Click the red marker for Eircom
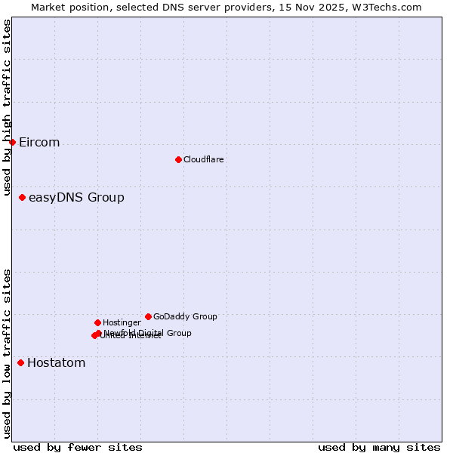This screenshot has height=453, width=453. point(12,142)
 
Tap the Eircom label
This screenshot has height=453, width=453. point(39,143)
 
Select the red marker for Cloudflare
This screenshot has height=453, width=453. point(178,159)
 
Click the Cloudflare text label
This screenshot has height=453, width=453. point(203,159)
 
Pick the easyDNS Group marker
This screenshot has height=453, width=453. point(22,197)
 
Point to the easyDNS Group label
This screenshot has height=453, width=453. point(76,198)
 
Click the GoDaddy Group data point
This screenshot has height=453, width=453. point(148,316)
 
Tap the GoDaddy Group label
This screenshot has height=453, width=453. point(185,316)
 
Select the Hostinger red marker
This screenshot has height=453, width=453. point(97,322)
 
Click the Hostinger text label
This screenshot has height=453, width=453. point(122,322)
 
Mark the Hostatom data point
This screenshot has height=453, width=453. point(20,362)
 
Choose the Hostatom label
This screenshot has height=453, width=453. point(56,363)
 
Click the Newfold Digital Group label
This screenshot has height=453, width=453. point(148,333)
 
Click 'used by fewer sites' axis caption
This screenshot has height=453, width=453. point(78,447)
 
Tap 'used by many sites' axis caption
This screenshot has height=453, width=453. point(379,447)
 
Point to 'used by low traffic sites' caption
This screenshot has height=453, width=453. point(7,353)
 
